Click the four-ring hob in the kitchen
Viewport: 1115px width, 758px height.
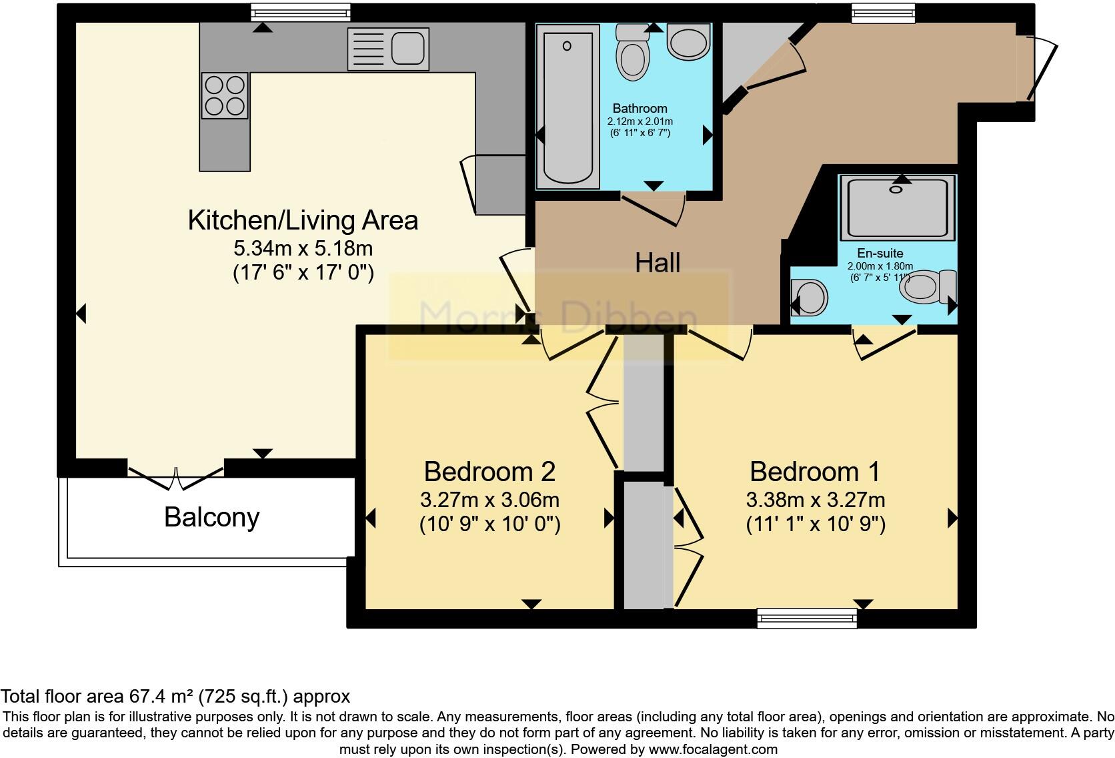click(x=225, y=95)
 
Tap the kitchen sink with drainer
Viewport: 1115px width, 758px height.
click(x=388, y=49)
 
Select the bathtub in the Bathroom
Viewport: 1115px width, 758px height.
click(x=568, y=107)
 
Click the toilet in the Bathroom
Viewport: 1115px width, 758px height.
click(x=633, y=52)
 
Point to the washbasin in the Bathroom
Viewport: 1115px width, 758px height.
click(x=688, y=41)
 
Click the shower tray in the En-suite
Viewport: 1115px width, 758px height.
click(x=898, y=208)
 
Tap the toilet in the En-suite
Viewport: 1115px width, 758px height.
click(x=928, y=287)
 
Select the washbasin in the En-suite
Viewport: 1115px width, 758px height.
click(x=810, y=298)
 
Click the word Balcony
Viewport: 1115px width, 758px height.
click(x=212, y=517)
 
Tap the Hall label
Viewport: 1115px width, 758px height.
click(x=658, y=262)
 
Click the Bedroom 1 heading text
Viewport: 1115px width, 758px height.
click(x=815, y=472)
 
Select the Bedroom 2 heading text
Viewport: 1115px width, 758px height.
click(x=489, y=472)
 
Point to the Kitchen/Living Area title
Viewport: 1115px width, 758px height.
click(x=303, y=220)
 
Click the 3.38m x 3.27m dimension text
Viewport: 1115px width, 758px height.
click(x=816, y=500)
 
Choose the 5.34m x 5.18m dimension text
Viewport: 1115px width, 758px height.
click(x=303, y=248)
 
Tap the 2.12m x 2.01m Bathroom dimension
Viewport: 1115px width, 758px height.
click(x=640, y=121)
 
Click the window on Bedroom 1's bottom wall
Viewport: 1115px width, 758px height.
click(x=807, y=619)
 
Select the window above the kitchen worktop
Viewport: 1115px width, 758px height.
click(x=301, y=13)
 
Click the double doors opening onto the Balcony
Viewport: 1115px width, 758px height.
click(x=175, y=478)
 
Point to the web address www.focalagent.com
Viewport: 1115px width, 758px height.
click(x=713, y=749)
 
